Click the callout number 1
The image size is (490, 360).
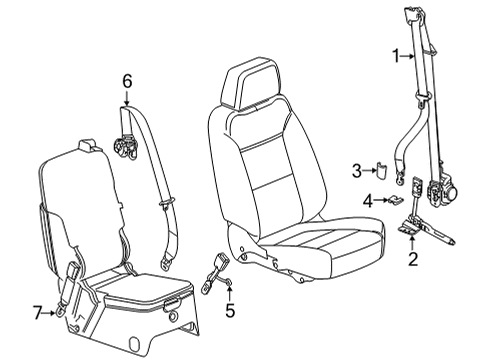click(397, 56)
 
